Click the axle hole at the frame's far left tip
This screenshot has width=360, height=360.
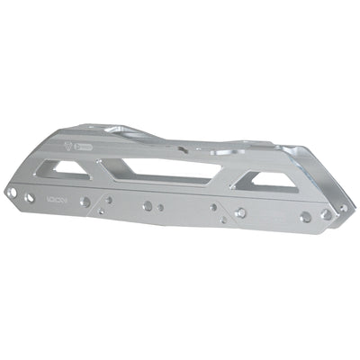11,192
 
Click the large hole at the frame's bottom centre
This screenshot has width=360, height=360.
147,206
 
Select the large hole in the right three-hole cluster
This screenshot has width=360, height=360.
239,214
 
